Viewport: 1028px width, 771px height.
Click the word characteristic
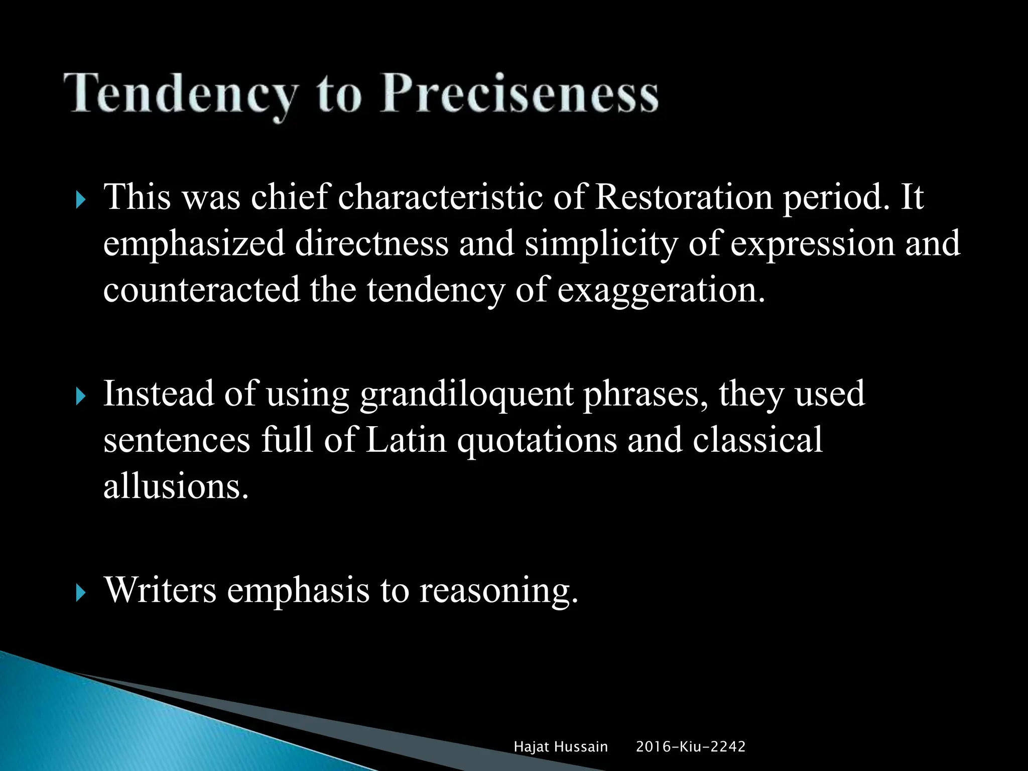(x=440, y=197)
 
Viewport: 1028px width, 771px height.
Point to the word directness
(x=371, y=243)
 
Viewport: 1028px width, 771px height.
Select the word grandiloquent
(x=466, y=395)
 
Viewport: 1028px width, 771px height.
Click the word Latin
(x=406, y=440)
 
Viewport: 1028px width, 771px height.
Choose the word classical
(x=757, y=440)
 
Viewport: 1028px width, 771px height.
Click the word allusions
(x=176, y=486)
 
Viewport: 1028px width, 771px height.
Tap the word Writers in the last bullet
(x=160, y=590)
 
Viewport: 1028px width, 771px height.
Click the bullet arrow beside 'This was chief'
(x=80, y=201)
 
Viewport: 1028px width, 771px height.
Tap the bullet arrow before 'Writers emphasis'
(x=80, y=594)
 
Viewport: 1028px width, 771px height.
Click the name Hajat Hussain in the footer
(x=561, y=747)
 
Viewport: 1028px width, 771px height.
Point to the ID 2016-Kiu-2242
(x=691, y=747)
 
